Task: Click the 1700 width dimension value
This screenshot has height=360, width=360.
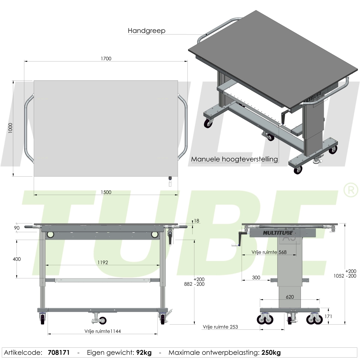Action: point(106,58)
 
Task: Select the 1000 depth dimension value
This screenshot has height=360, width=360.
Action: point(10,128)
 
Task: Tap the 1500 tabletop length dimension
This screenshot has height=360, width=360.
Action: point(106,192)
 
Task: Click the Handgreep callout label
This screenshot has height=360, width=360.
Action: point(146,31)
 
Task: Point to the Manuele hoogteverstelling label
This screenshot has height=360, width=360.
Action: point(235,159)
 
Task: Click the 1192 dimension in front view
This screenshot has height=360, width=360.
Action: point(103,262)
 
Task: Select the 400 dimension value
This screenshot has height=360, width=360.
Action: point(17,259)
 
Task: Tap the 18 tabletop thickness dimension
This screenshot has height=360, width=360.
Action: point(196,221)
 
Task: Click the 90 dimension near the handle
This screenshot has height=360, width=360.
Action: point(17,228)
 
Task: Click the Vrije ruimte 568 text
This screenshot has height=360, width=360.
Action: point(269,252)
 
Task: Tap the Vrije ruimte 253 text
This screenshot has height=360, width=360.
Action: point(220,327)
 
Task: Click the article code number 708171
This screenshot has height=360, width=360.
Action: point(58,352)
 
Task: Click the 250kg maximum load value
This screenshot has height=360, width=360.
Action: point(271,352)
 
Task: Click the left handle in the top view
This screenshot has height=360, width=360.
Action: point(27,128)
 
